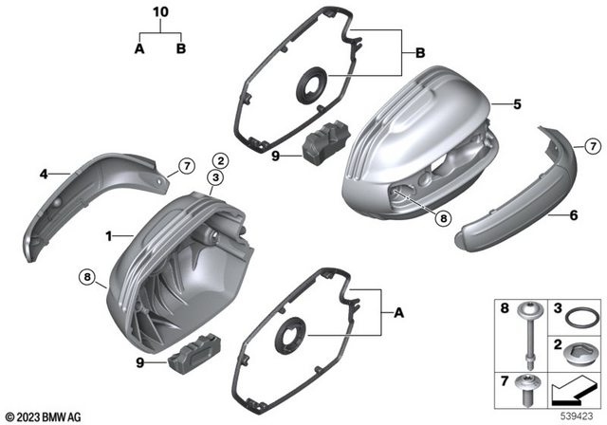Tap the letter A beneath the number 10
tap(139, 48)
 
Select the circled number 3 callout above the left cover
tap(217, 177)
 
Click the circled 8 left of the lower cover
tap(86, 278)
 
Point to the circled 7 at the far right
tap(592, 146)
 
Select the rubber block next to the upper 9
tap(320, 143)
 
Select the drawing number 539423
tap(578, 416)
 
